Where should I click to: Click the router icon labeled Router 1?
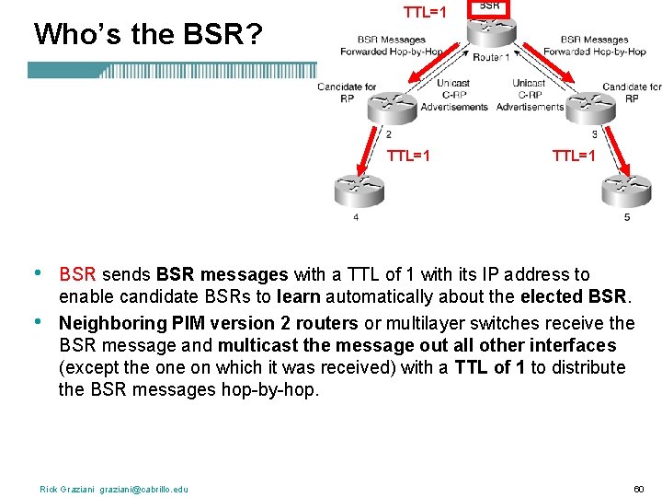(x=490, y=29)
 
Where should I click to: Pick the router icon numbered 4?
(x=358, y=191)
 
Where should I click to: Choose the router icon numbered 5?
(x=626, y=191)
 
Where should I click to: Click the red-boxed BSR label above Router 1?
(x=490, y=6)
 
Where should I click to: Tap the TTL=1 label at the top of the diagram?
(x=426, y=12)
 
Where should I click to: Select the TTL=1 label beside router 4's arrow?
(x=409, y=156)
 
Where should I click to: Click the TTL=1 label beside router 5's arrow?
(x=575, y=156)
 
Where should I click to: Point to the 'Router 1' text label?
(x=491, y=57)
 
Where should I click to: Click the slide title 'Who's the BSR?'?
(x=148, y=34)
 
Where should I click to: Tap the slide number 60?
(x=640, y=488)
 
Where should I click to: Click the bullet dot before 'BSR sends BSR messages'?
(x=37, y=273)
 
